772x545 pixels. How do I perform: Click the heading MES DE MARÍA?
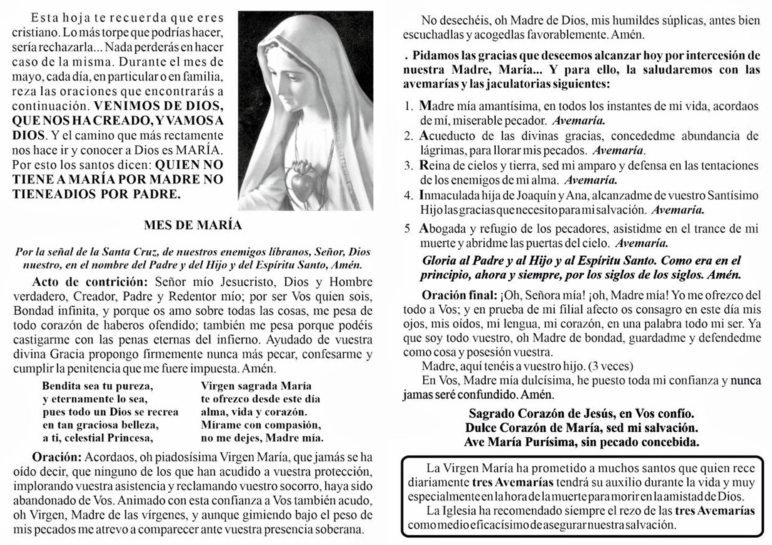(x=193, y=225)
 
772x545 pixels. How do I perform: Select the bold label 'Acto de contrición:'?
(x=90, y=282)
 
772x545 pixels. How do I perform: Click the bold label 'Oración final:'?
(x=459, y=295)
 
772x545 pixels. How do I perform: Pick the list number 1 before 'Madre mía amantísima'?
(x=408, y=106)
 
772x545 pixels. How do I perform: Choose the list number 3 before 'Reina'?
(x=408, y=166)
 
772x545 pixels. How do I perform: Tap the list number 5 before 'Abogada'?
(x=408, y=229)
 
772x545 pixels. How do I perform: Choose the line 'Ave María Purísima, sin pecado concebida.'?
(x=581, y=442)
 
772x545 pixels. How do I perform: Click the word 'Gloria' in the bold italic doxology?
(x=439, y=261)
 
